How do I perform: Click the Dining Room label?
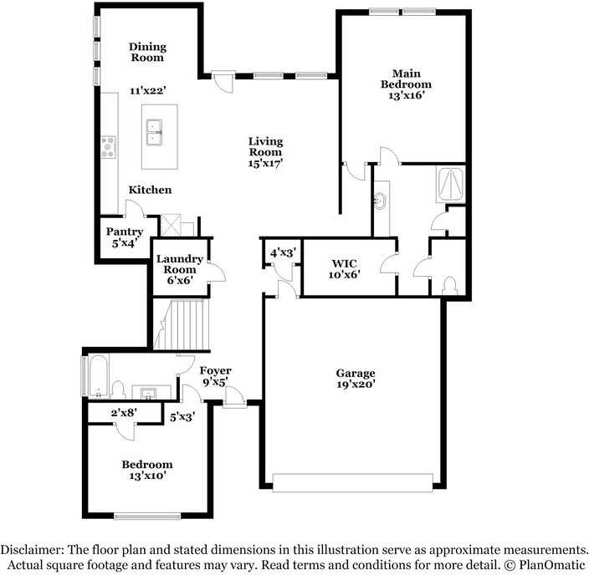coord(146,53)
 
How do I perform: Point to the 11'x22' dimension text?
coord(147,89)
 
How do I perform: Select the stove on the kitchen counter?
coord(109,147)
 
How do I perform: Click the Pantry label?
coord(124,232)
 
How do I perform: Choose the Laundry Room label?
coord(179,264)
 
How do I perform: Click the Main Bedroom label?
coord(406,79)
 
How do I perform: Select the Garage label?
coord(356,373)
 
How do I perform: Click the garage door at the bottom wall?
coord(353,483)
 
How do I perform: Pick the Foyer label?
coord(215,371)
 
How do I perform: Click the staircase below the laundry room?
coord(182,327)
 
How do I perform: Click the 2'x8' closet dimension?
coord(124,413)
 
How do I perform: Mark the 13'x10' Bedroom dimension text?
coord(146,476)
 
